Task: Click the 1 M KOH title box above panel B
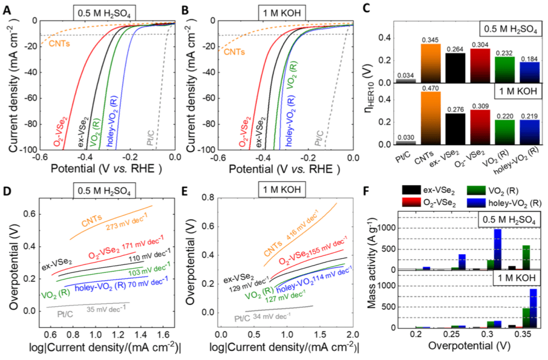pyautogui.click(x=268, y=10)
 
